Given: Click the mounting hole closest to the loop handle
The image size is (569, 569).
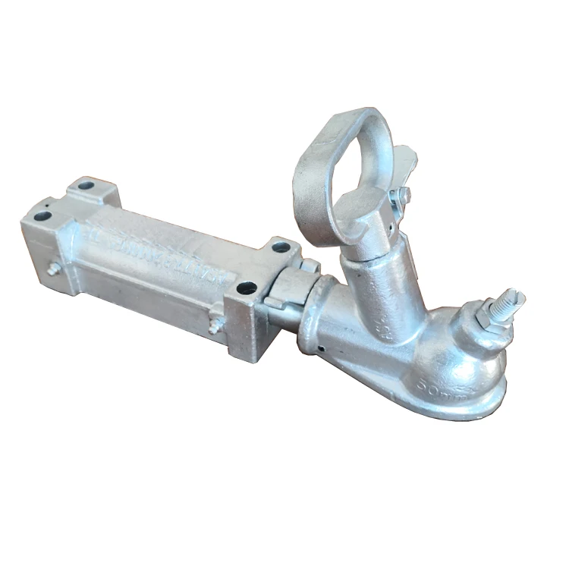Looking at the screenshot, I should click(281, 247).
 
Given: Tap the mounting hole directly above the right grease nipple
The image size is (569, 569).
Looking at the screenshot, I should click(247, 288).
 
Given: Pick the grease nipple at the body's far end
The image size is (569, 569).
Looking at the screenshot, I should click(53, 269).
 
